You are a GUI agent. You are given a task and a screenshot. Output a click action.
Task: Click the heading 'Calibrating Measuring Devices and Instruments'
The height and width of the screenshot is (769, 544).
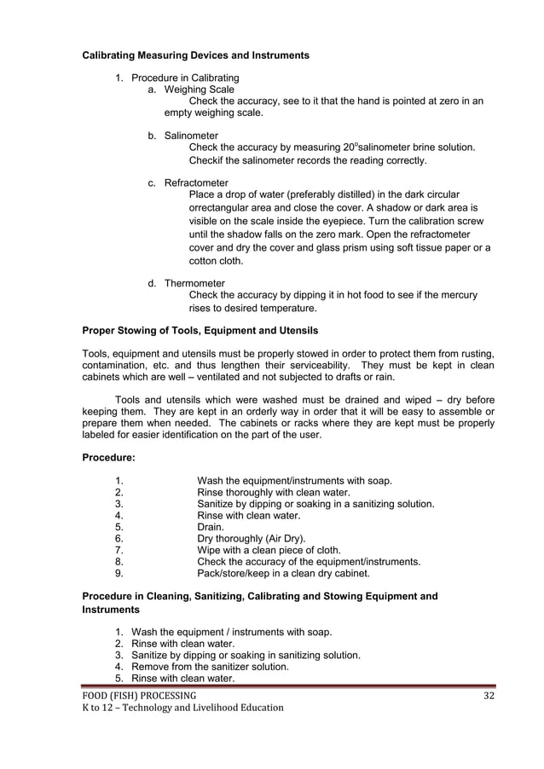194,56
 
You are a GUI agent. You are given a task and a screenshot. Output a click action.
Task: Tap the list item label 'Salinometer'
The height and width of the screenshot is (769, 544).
191,136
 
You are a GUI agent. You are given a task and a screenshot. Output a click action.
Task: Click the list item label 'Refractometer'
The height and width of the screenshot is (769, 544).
196,182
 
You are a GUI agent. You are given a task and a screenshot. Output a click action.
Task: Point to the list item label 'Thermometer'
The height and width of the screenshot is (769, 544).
194,283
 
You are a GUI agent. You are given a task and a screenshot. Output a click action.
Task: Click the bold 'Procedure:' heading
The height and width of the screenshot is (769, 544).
108,459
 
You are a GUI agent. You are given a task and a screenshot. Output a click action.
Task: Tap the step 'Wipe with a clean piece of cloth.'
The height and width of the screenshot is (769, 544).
269,550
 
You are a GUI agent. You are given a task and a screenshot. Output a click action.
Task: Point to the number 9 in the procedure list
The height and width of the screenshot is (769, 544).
118,574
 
